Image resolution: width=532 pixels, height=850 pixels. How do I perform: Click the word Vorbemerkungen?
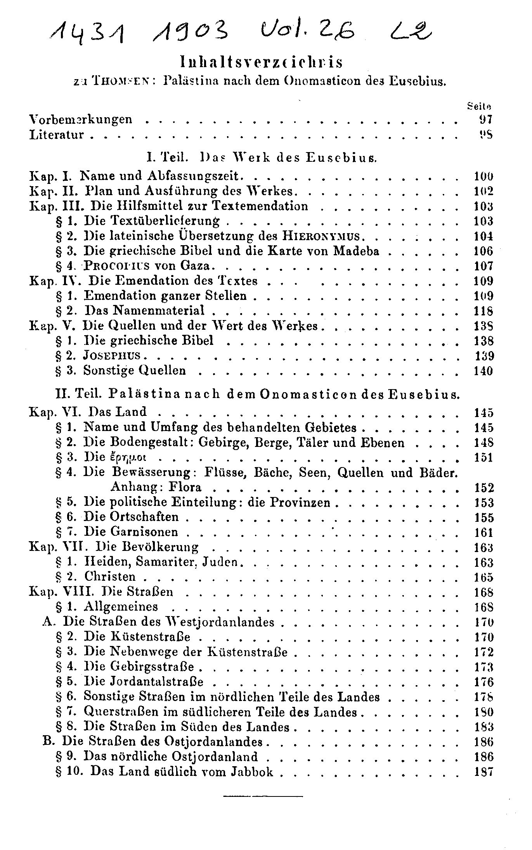click(81, 119)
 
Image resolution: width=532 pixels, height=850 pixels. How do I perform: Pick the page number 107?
click(483, 266)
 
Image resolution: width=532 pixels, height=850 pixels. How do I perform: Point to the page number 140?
click(483, 371)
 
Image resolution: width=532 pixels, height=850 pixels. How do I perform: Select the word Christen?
click(110, 577)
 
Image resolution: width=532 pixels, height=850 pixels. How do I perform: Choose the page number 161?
click(483, 532)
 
